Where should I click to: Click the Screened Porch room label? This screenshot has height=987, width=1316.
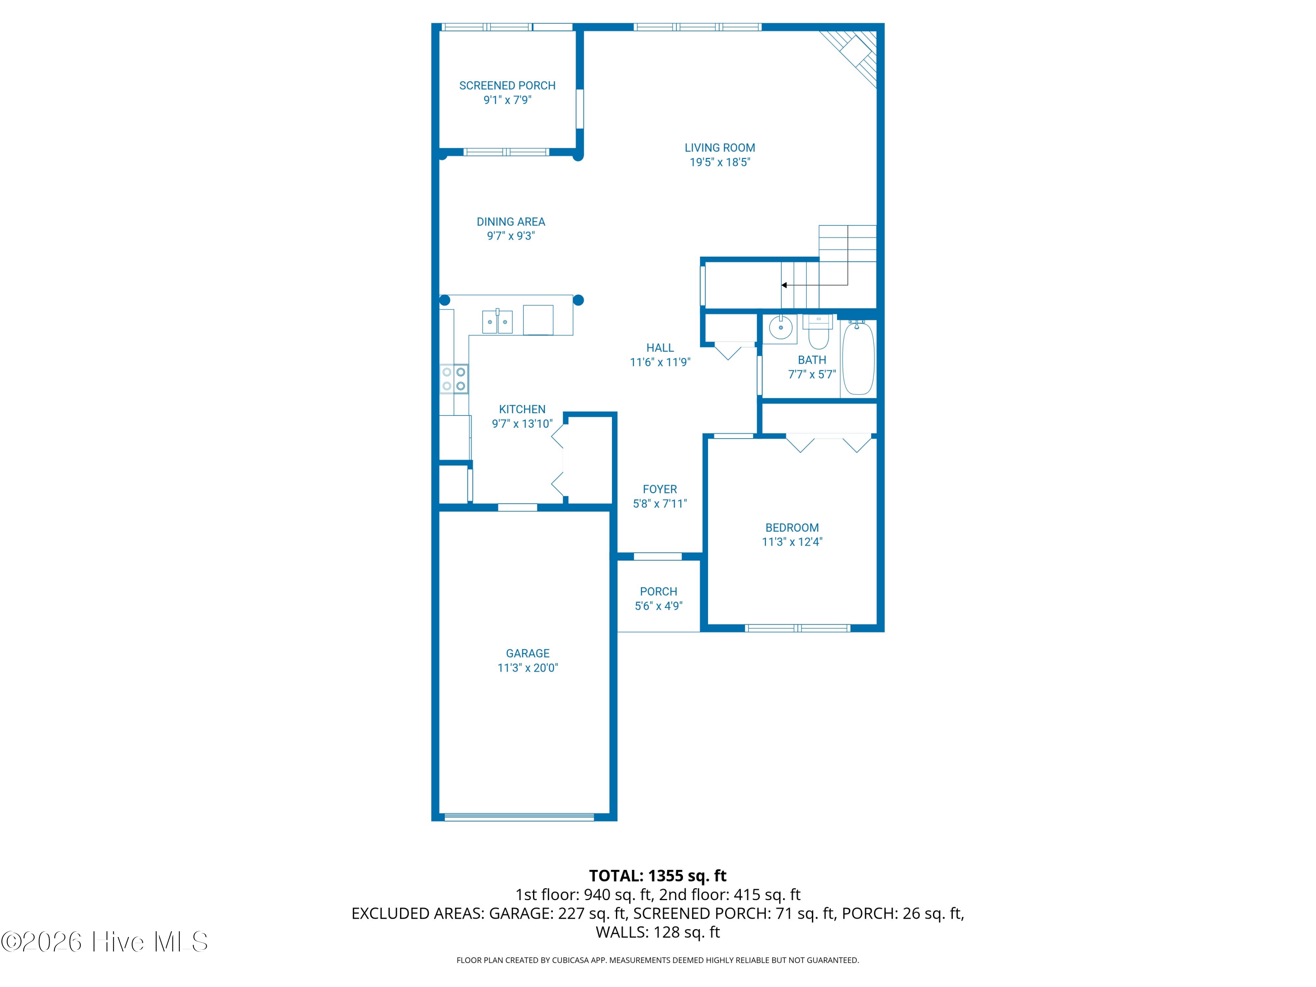coord(507,86)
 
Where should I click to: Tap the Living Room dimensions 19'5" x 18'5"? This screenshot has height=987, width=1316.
coord(720,162)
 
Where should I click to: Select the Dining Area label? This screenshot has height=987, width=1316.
coord(511,222)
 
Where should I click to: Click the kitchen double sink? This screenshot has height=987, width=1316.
coord(497,321)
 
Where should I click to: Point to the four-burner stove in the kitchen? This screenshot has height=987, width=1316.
coord(454,379)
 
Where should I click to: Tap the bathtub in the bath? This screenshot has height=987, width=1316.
coord(858,358)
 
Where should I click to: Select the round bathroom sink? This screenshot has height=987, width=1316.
coord(780,328)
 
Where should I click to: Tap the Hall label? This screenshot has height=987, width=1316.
coord(660,348)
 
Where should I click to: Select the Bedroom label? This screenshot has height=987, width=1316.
coord(792,528)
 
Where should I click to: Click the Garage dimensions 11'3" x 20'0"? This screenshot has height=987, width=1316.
coord(528,668)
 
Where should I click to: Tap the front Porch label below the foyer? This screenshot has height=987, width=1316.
coord(658,592)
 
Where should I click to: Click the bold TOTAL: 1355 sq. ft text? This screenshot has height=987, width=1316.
coord(658,876)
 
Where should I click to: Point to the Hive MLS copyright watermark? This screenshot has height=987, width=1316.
coord(105,942)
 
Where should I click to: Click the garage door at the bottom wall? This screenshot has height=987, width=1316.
coord(519,817)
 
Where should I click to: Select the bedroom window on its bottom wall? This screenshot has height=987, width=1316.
coord(797,628)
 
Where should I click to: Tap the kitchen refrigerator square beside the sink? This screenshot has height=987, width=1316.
coord(538,320)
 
